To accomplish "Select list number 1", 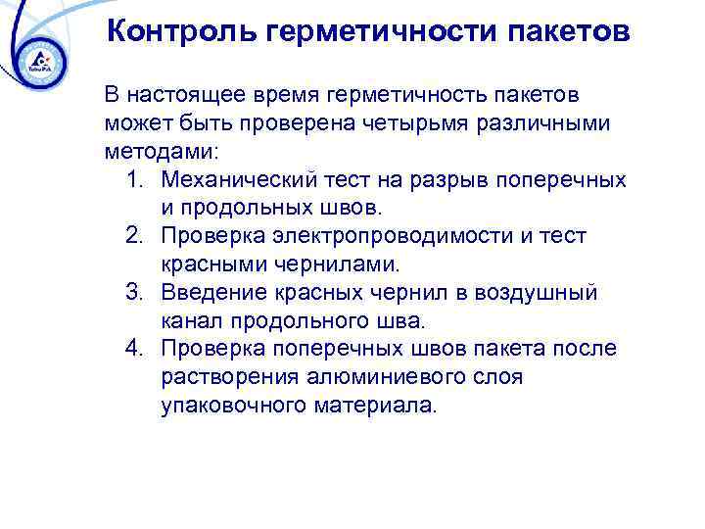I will point(136,181).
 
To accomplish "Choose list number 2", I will point(136,237).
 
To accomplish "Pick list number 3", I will point(136,293).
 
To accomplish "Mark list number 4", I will point(136,349).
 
